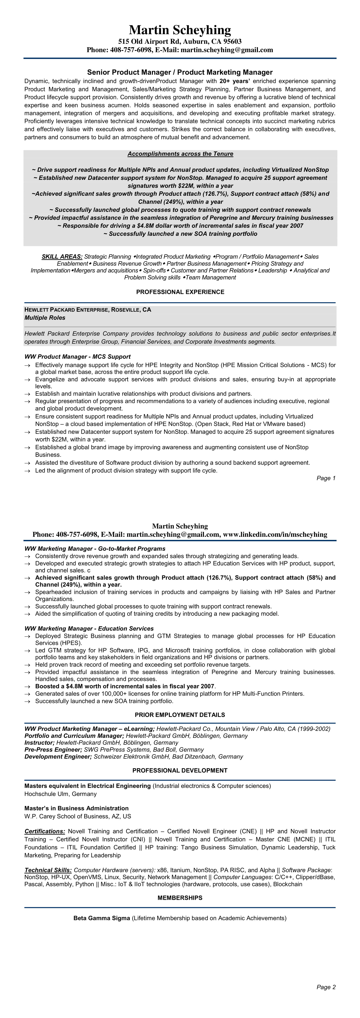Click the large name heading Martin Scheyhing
(x=180, y=30)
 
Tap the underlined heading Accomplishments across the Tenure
(x=180, y=154)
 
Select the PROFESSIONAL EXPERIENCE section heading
(x=180, y=292)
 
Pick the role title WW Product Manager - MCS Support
(x=77, y=356)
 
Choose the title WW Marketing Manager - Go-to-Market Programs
(x=95, y=549)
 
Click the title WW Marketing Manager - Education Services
(x=89, y=628)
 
